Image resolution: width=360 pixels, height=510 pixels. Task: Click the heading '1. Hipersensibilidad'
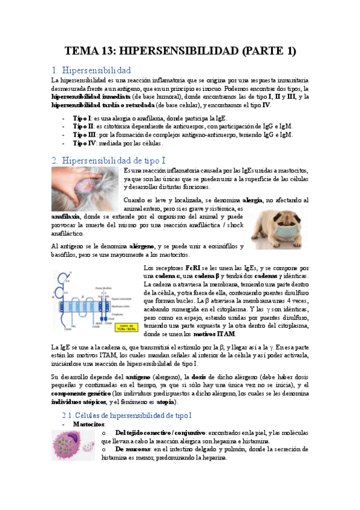99,70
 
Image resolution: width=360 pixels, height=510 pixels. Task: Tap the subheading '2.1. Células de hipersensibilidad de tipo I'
127,416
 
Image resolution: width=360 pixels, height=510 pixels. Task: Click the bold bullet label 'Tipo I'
81,118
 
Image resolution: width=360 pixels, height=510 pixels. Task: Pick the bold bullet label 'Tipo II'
82,126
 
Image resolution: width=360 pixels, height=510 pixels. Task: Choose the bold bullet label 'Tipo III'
84,135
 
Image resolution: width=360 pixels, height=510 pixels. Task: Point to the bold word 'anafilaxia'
68,215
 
